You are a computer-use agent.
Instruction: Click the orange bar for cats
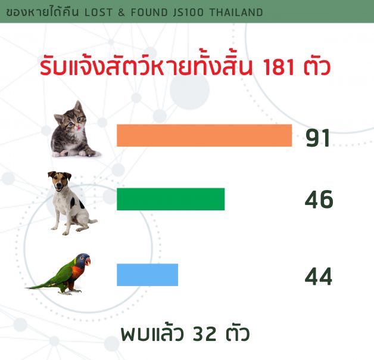coord(204,135)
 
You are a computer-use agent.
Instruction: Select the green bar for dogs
coord(170,199)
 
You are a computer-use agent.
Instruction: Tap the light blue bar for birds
coord(148,275)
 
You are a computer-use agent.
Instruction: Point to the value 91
coord(318,138)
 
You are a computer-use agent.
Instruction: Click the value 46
coord(319,199)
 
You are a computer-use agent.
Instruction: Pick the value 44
coord(319,277)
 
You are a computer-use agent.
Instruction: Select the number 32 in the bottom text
coord(204,334)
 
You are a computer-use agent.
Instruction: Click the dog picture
coord(71,203)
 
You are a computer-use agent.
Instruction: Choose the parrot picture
coord(58,275)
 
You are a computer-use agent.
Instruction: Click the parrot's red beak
coord(88,262)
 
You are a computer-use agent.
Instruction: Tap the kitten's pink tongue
coord(77,129)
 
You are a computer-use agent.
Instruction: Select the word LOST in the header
coord(98,13)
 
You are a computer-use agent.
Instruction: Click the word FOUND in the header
coord(149,13)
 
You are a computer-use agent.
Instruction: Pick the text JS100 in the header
coord(188,13)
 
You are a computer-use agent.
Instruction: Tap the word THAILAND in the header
coord(236,13)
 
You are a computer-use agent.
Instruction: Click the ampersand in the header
coord(121,13)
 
